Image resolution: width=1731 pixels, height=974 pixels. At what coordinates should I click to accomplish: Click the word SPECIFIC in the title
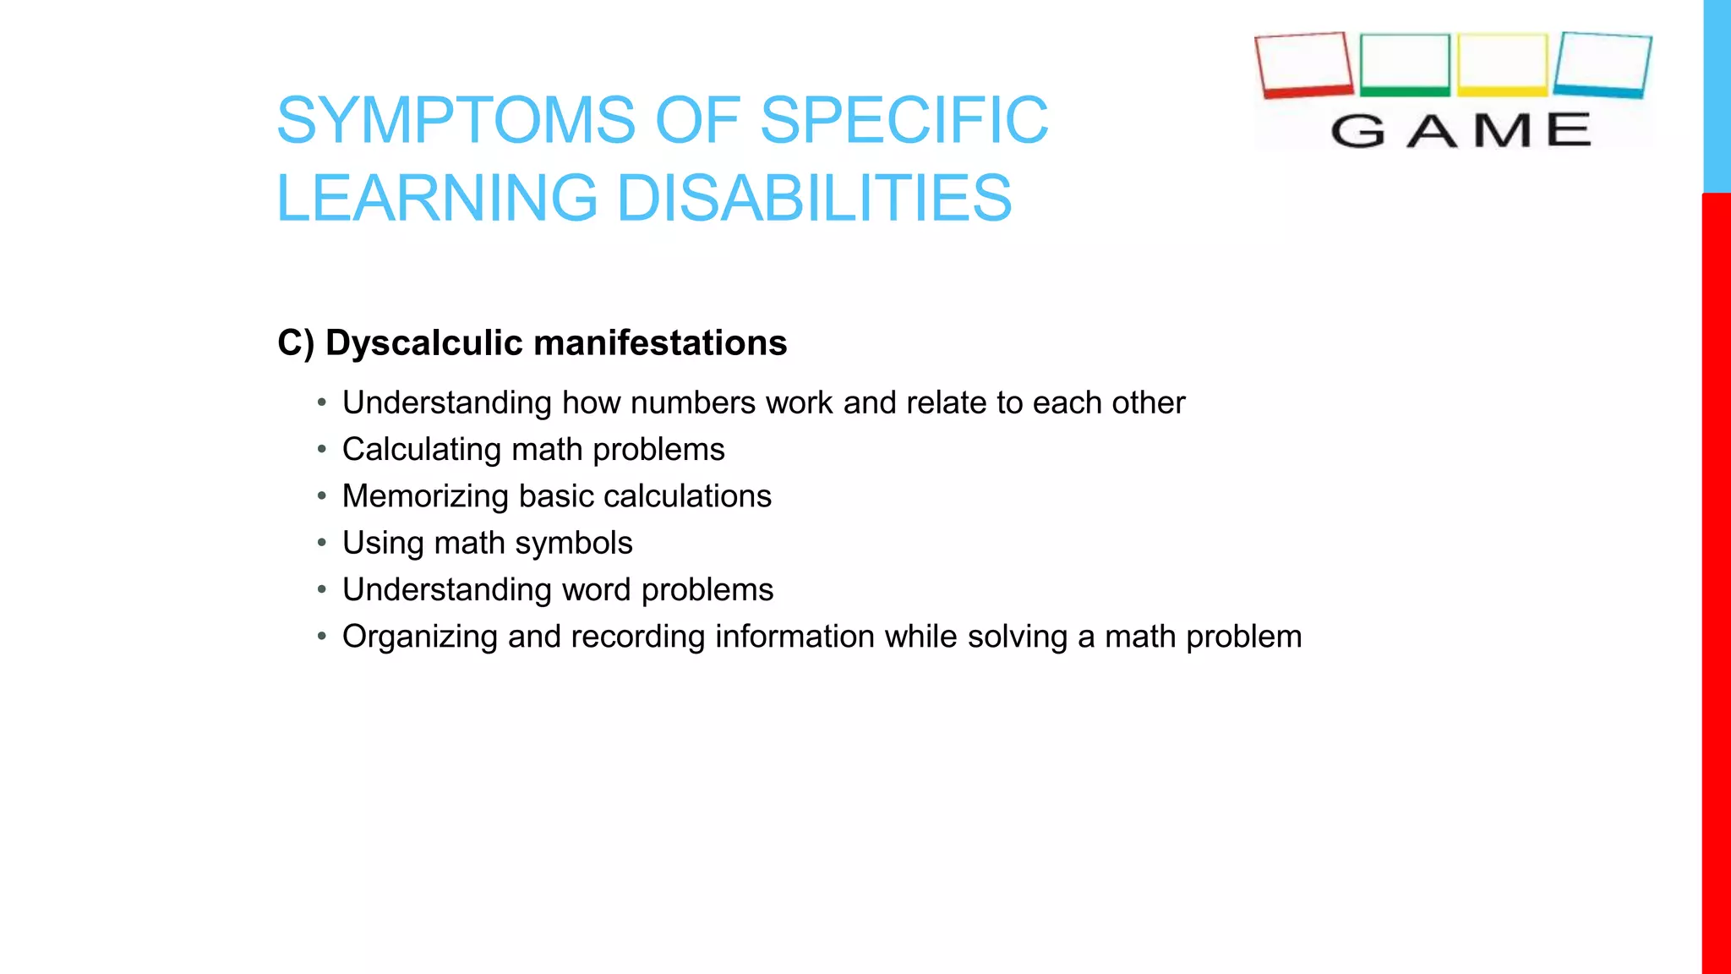coord(904,120)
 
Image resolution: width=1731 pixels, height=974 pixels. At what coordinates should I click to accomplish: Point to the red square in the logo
coord(1303,64)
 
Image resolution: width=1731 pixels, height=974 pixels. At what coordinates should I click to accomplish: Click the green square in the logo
coord(1405,64)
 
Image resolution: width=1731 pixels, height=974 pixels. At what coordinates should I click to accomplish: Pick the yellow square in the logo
coord(1502,64)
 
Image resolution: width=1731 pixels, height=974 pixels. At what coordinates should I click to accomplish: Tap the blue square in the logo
coord(1603,64)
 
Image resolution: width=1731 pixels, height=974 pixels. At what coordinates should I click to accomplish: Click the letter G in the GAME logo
coord(1357,131)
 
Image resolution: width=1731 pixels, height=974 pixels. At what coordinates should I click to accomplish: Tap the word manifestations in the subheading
coord(660,343)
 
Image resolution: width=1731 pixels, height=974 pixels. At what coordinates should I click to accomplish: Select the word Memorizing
coord(425,496)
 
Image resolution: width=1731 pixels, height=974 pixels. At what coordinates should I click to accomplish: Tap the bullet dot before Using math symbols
coord(322,543)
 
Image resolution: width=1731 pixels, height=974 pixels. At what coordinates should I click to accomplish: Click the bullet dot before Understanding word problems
coord(322,589)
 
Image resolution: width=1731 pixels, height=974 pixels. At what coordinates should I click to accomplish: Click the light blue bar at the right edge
coord(1716,96)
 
